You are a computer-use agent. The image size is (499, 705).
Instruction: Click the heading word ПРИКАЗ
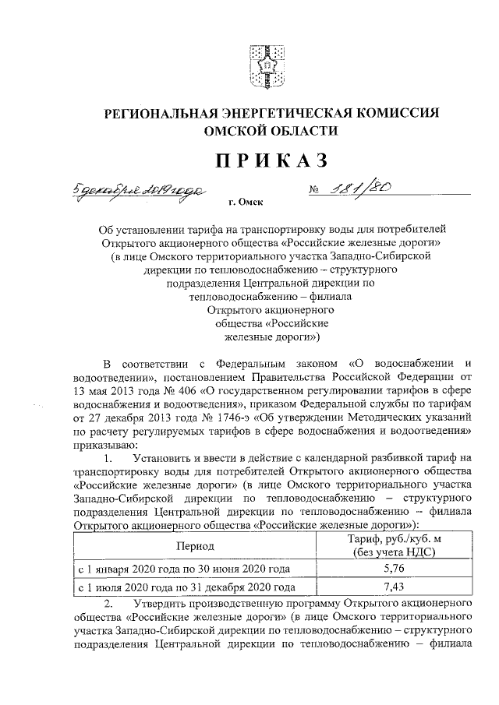(x=260, y=159)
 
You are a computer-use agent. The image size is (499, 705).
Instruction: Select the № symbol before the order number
(x=294, y=190)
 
